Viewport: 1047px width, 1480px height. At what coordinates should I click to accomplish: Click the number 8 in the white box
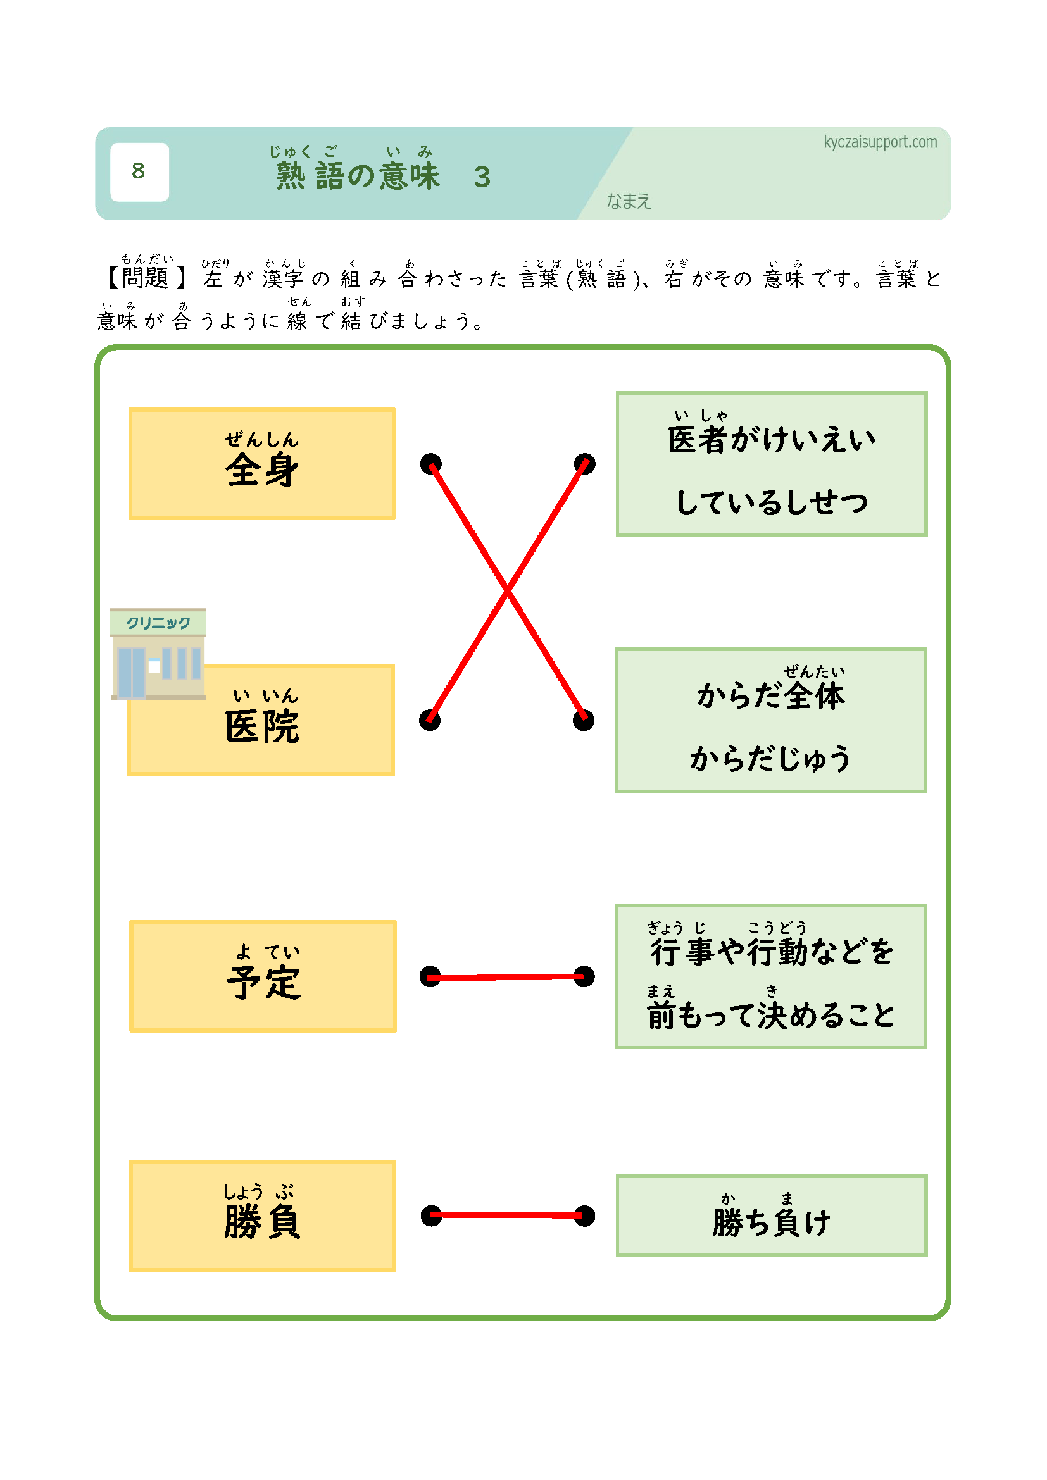coord(139,171)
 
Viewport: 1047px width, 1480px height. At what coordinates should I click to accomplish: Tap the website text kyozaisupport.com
coord(880,142)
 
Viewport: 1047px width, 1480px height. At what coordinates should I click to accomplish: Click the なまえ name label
coord(629,202)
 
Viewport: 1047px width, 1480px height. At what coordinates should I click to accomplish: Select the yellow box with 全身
coord(262,463)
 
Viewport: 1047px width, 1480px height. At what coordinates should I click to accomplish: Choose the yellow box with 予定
coord(263,976)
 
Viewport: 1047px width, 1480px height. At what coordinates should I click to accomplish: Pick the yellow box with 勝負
coord(262,1216)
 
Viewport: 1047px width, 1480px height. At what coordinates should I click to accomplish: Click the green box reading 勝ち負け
coord(771,1216)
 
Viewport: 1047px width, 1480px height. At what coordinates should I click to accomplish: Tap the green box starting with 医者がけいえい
coord(771,463)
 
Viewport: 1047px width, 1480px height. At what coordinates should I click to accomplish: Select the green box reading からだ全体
coord(770,720)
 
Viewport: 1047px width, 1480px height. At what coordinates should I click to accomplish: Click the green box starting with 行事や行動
coord(770,976)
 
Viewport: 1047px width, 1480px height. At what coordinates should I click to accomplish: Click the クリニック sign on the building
coord(159,623)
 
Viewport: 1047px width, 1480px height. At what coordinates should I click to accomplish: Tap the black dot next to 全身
coord(430,463)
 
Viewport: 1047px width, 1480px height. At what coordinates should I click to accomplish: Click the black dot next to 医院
coord(429,720)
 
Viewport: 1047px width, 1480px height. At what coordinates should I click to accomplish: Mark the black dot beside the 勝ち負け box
coord(584,1216)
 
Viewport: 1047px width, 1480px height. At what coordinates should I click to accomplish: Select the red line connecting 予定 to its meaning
coord(508,977)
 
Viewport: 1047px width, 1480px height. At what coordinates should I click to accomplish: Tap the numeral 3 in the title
coord(482,177)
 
